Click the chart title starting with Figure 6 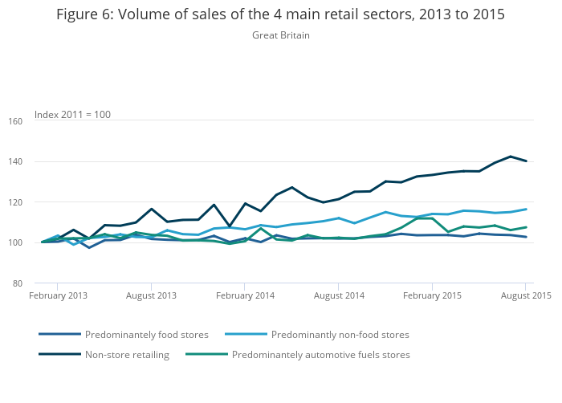click(x=280, y=15)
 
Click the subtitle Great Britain click(x=280, y=35)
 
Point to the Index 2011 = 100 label click(x=72, y=115)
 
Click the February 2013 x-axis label click(x=58, y=295)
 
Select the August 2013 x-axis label click(x=151, y=295)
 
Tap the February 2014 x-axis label click(x=245, y=295)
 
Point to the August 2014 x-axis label click(x=339, y=295)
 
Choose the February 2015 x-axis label click(x=432, y=295)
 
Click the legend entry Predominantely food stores click(x=146, y=335)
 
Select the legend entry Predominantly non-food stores click(x=340, y=335)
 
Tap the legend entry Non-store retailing click(x=126, y=355)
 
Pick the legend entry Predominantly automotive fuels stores click(x=320, y=355)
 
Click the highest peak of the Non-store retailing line click(x=511, y=157)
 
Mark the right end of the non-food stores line click(x=526, y=210)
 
